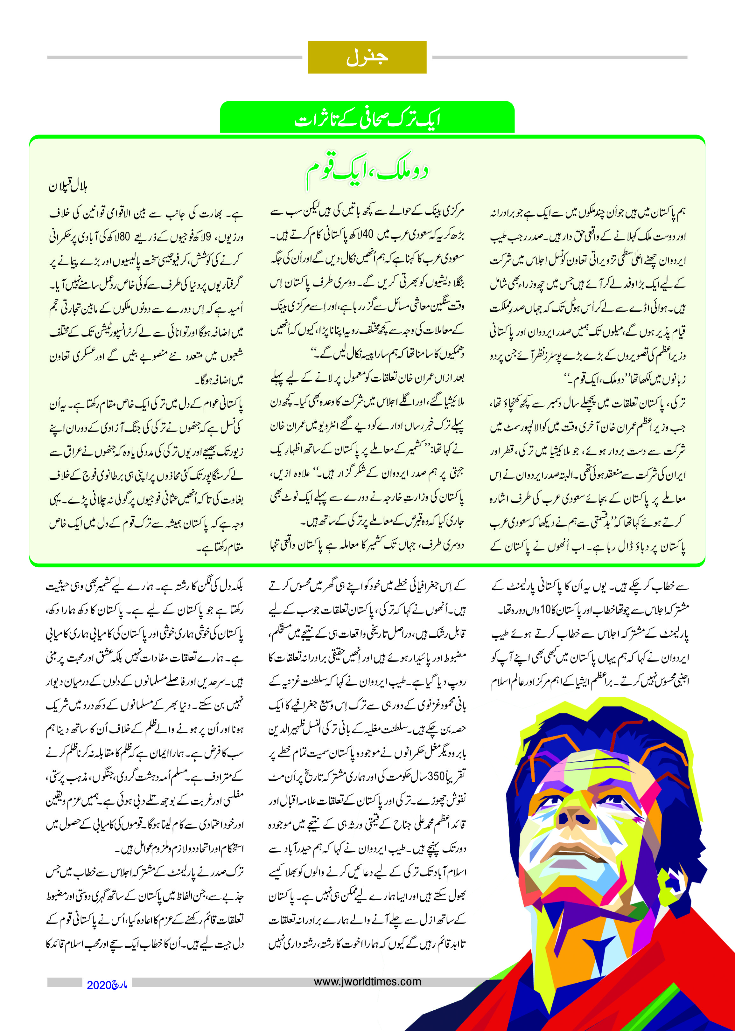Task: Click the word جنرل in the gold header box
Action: click(367, 58)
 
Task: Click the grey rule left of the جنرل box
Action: click(174, 58)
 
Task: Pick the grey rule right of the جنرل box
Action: click(559, 58)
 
